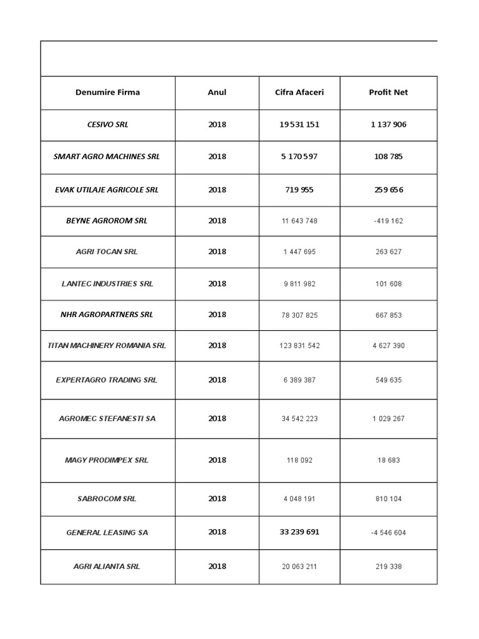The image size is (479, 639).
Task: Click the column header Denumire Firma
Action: point(107,92)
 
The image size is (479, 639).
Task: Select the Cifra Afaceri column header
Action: point(299,92)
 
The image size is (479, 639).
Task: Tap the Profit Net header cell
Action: point(388,92)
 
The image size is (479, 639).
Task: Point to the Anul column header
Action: point(217,92)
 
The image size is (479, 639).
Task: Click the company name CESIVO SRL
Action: point(107,125)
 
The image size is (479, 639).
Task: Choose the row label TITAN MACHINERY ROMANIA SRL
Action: point(107,345)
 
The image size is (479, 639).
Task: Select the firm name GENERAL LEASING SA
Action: point(107,533)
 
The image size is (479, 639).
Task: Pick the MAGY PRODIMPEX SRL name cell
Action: point(107,461)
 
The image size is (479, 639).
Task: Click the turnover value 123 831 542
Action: point(299,346)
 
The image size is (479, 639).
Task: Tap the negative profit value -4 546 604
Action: point(388,533)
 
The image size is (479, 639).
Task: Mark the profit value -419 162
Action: point(388,221)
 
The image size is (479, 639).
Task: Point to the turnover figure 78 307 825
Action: point(299,315)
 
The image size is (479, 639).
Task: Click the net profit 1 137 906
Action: point(388,125)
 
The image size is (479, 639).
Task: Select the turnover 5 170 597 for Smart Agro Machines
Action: point(299,157)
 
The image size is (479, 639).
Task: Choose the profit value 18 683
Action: point(388,461)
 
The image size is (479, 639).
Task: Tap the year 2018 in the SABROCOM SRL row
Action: point(217,499)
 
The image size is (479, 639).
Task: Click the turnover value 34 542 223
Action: point(299,419)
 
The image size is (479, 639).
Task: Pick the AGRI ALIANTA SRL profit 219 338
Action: point(388,567)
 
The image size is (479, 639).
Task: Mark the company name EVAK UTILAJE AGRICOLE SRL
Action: point(107,190)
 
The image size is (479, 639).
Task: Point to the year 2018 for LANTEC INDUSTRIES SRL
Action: point(217,284)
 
